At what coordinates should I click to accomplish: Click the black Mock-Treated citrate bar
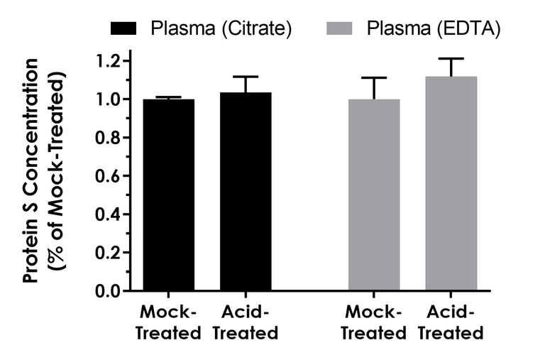click(x=169, y=195)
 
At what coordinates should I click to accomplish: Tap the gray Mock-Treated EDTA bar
click(x=374, y=195)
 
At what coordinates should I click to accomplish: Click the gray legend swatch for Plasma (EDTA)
click(x=342, y=29)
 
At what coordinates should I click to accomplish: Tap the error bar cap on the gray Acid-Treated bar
click(x=451, y=58)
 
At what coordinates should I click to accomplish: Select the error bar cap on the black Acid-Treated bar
click(x=246, y=76)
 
